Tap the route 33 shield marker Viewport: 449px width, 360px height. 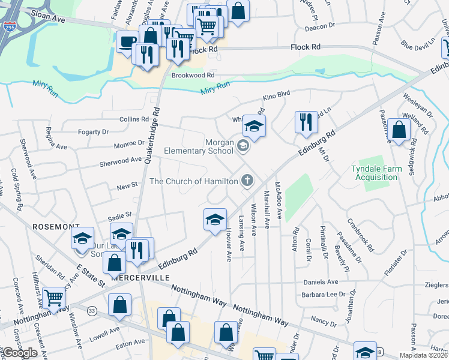point(92,310)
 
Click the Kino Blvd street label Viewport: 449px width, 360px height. point(277,95)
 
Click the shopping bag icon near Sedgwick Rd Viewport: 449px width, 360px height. point(398,129)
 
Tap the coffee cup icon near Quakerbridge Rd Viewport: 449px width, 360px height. point(127,42)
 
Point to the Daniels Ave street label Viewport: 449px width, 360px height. point(321,282)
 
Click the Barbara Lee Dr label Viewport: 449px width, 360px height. point(324,295)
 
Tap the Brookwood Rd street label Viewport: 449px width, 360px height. point(193,76)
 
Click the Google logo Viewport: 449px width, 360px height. point(20,352)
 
